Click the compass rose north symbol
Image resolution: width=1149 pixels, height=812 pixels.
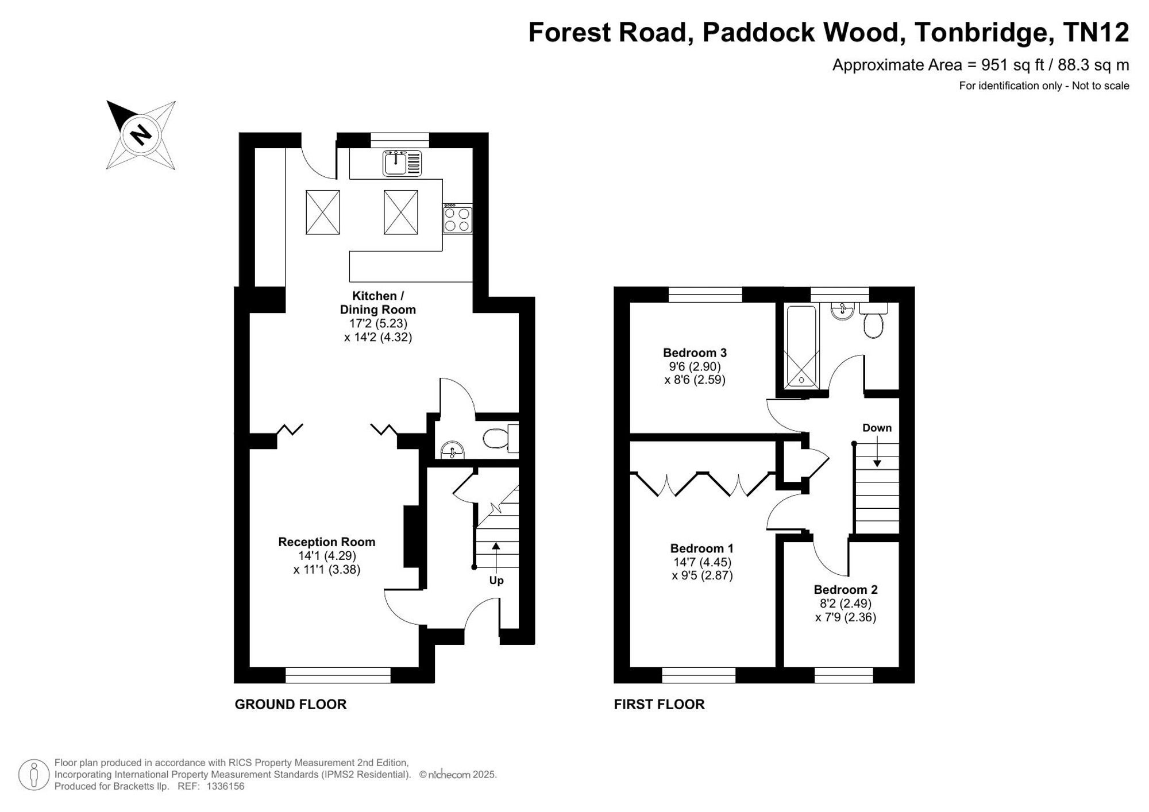point(141,135)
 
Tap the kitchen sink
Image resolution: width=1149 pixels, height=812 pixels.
point(402,163)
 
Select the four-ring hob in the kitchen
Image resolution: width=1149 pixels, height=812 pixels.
point(458,219)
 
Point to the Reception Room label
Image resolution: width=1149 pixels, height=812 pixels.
point(327,542)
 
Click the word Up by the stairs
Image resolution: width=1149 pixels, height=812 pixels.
point(496,581)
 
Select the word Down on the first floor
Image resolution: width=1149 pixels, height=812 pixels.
point(877,428)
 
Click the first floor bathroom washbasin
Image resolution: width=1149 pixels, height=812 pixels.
point(843,311)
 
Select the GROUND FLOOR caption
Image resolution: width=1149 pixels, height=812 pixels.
point(291,705)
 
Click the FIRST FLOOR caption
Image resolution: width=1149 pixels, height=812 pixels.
point(660,705)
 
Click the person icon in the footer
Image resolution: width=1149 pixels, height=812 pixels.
point(33,775)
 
